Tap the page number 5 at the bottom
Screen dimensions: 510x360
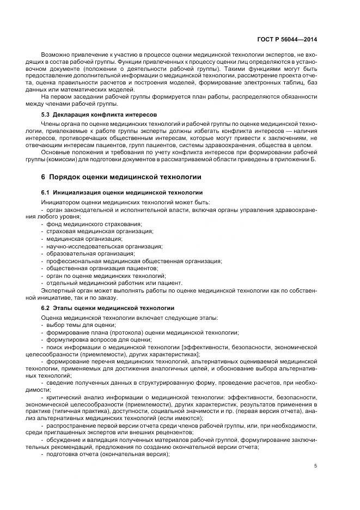(316, 466)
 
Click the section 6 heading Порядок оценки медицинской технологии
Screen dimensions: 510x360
(121, 177)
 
